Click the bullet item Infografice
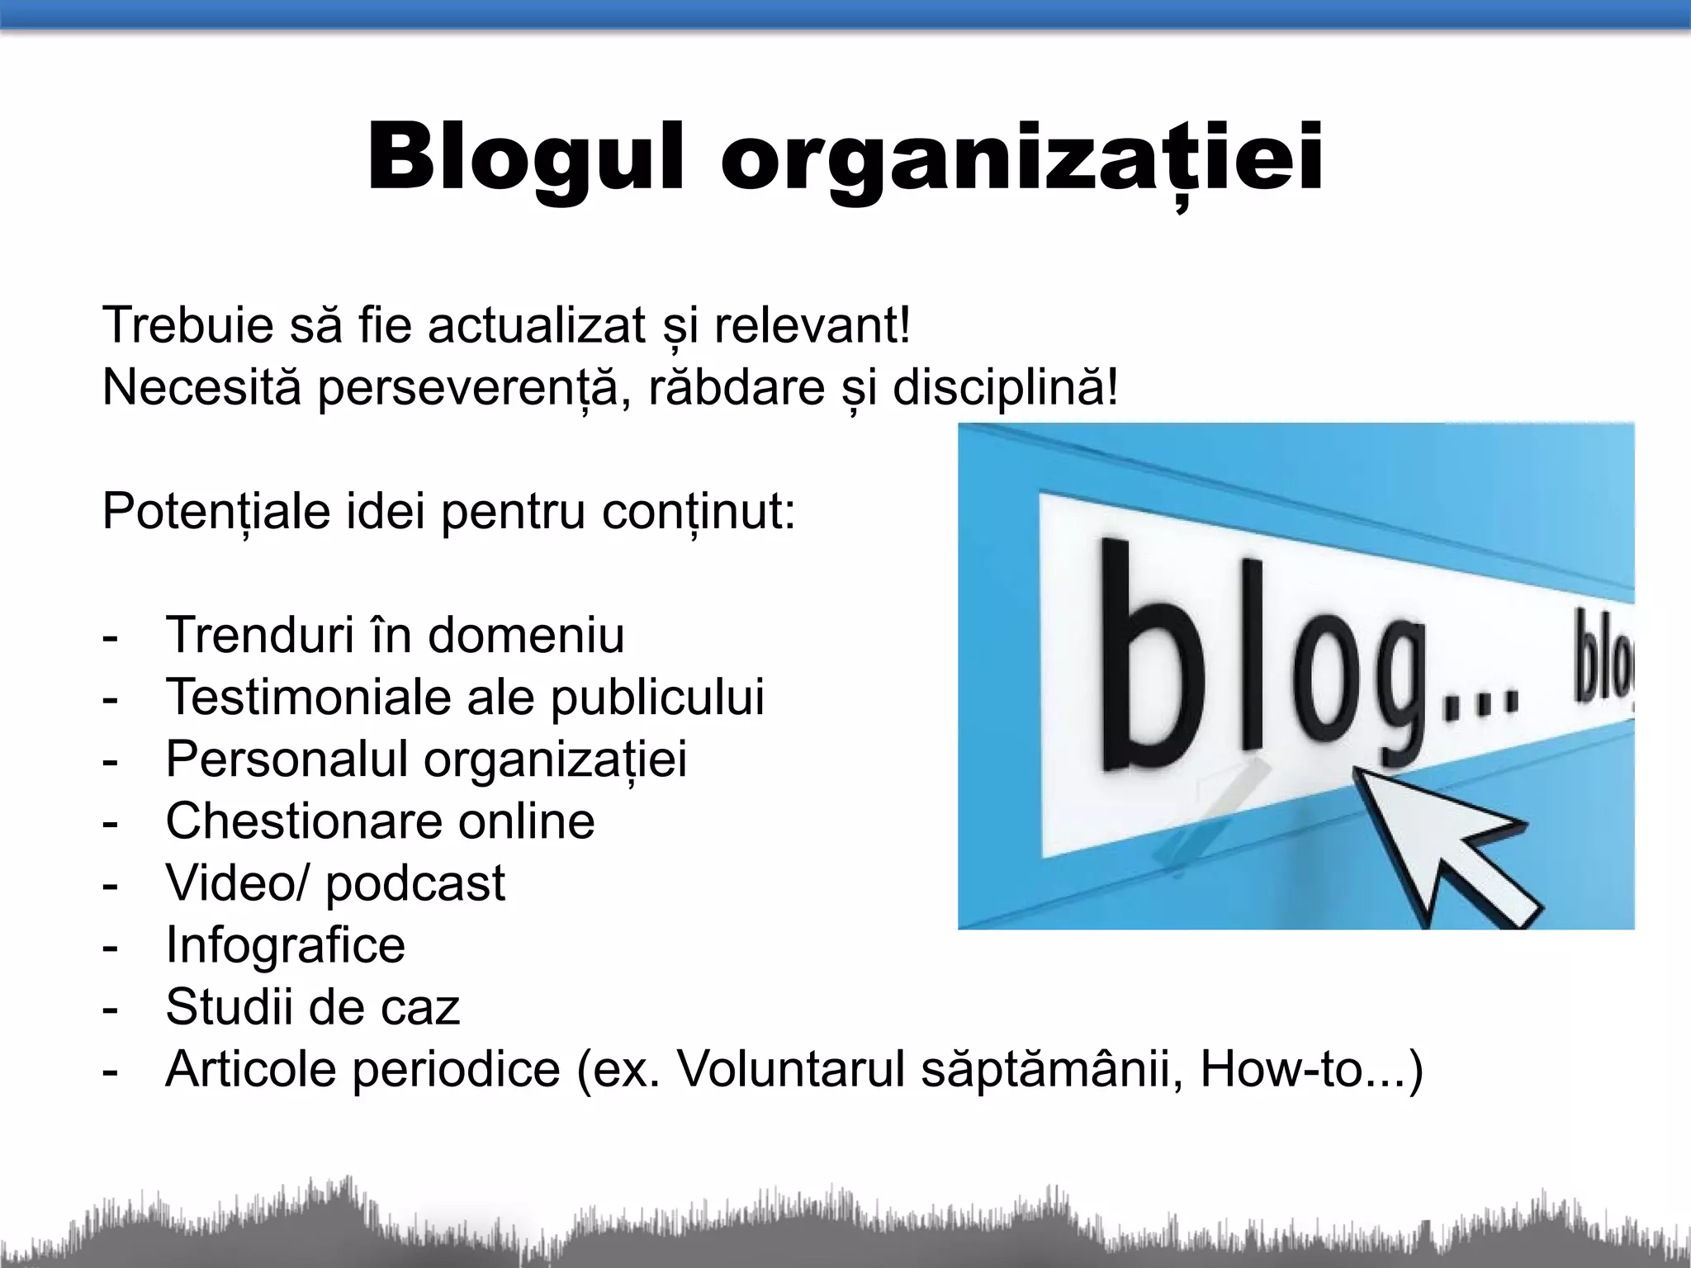click(x=286, y=944)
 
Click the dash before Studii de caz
click(x=111, y=1008)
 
